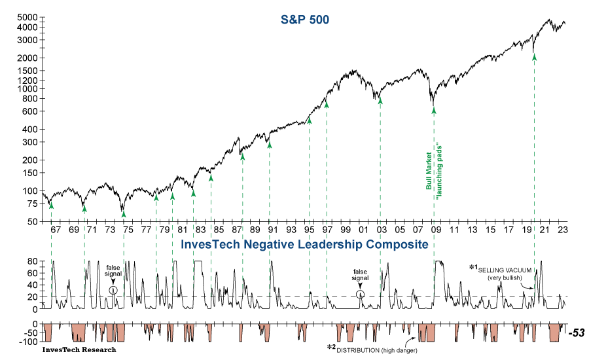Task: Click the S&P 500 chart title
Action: pos(300,20)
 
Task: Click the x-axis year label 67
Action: pos(55,230)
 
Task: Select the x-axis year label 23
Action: pos(562,230)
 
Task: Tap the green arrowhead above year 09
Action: pos(433,110)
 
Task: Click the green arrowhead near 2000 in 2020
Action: pos(535,58)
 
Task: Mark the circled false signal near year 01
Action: pos(361,294)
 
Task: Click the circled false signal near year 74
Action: pos(113,290)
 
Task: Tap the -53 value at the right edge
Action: pos(576,333)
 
